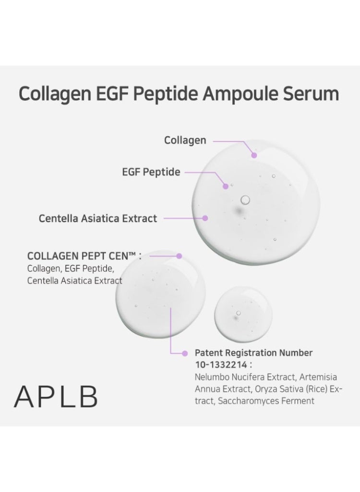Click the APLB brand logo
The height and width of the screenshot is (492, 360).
point(56,396)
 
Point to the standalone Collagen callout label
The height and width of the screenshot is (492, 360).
point(185,140)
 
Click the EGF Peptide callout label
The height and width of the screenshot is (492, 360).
point(151,172)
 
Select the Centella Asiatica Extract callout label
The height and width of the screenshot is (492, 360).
point(97,218)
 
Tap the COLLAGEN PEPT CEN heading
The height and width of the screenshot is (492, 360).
point(84,256)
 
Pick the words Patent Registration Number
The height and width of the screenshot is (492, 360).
point(253,353)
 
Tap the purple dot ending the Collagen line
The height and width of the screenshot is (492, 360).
point(254,155)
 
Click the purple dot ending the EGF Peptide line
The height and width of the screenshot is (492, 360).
point(225,186)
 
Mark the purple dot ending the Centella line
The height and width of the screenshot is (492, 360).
point(205,218)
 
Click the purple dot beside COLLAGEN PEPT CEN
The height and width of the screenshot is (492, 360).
point(179,256)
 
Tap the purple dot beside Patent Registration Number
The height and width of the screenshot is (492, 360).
point(185,353)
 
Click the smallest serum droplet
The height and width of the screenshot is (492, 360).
point(243,315)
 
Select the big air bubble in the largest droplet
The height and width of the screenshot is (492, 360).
point(245,199)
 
